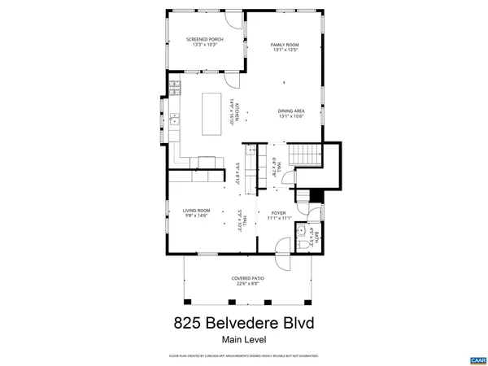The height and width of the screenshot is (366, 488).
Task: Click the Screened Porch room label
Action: [204, 39]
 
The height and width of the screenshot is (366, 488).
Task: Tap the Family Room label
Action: [285, 45]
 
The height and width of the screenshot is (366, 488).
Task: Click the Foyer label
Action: [279, 212]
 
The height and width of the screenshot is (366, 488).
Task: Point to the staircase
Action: [307, 154]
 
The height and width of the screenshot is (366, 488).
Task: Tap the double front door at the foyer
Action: [277, 247]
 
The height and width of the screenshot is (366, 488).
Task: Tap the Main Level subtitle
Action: [244, 340]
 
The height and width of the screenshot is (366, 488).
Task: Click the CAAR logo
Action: [477, 359]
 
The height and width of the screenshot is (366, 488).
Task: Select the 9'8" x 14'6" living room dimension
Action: [196, 216]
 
